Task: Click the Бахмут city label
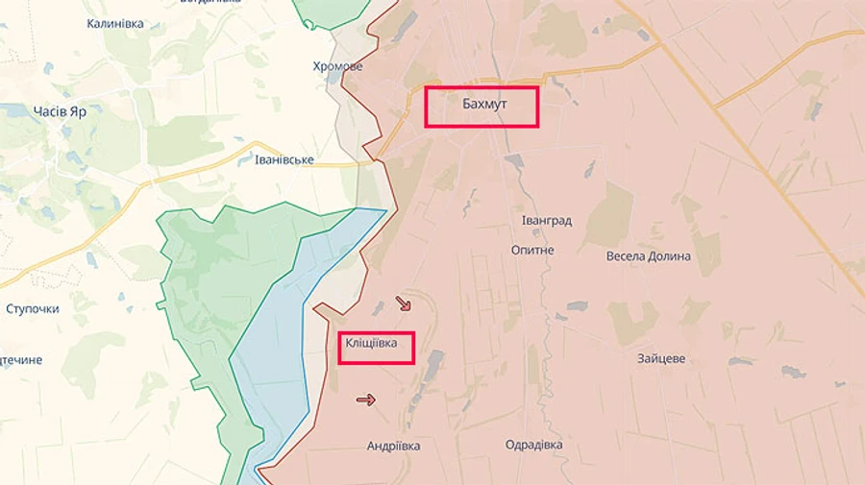click(x=482, y=106)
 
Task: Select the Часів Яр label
click(x=60, y=111)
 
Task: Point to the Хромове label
click(x=337, y=66)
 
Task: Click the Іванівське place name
click(x=284, y=158)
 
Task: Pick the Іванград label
click(x=546, y=221)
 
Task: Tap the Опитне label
click(x=532, y=250)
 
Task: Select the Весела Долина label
click(x=648, y=256)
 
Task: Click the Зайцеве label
click(x=660, y=358)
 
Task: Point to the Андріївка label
click(x=393, y=446)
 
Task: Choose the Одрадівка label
click(x=533, y=445)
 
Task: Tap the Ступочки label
click(x=33, y=309)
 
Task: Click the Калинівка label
click(x=114, y=23)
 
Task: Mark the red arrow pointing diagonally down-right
click(x=404, y=303)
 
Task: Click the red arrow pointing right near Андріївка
click(x=365, y=400)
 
